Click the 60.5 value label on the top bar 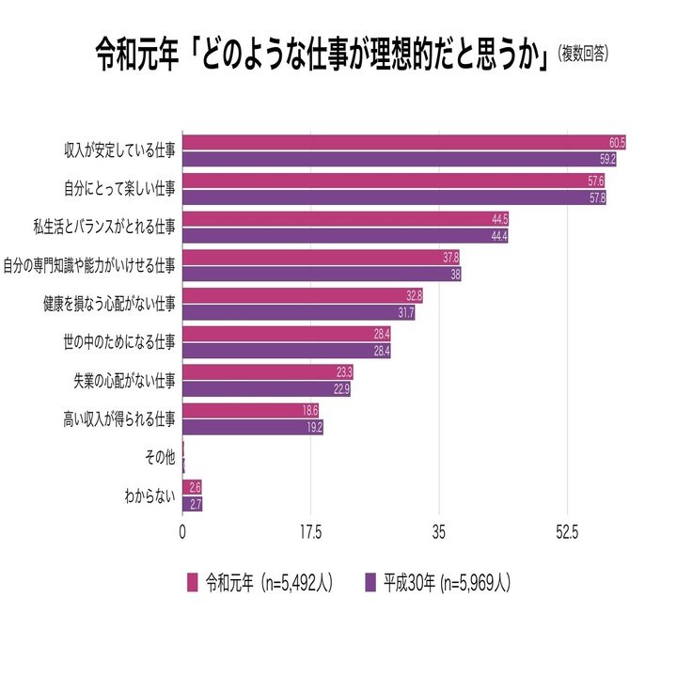[x=617, y=142]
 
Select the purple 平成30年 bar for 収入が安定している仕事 [x=399, y=159]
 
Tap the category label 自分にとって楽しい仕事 [x=118, y=188]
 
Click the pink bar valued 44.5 [x=345, y=219]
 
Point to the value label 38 [x=454, y=275]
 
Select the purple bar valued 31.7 [x=298, y=312]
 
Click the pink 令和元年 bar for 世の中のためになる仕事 [x=286, y=334]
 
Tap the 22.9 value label [x=341, y=389]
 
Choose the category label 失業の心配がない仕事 [x=124, y=380]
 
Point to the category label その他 [x=160, y=457]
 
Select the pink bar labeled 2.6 [x=192, y=487]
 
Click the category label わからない [x=150, y=496]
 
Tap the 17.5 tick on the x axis [x=310, y=532]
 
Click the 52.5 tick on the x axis [x=566, y=532]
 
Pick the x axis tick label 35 [x=438, y=532]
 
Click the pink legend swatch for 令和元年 [x=193, y=582]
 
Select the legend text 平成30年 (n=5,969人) [x=446, y=582]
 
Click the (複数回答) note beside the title [x=583, y=55]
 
